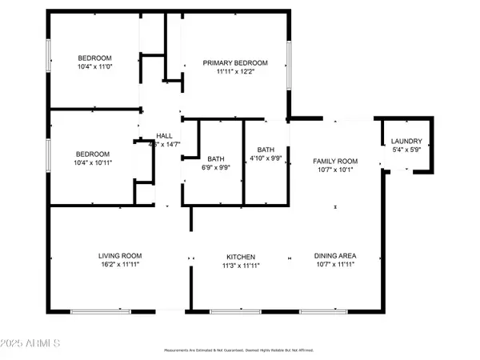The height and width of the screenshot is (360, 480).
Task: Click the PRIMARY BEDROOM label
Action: [x=234, y=63]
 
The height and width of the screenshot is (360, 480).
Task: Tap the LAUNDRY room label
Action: [x=407, y=141]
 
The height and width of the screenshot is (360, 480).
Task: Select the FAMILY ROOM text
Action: [x=334, y=161]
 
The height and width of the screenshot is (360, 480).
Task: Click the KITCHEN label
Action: [x=240, y=257]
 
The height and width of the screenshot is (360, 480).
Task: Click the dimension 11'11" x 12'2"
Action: [x=234, y=72]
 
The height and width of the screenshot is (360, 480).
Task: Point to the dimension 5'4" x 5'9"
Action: [x=407, y=149]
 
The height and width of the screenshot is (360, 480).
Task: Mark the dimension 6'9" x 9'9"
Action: [x=216, y=166]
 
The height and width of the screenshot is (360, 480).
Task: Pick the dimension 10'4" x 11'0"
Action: [x=94, y=66]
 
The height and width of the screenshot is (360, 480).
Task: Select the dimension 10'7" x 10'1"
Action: [x=334, y=169]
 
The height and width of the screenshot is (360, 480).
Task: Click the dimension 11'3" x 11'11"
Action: [x=240, y=265]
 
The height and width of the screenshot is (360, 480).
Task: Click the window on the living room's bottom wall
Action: [x=99, y=310]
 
